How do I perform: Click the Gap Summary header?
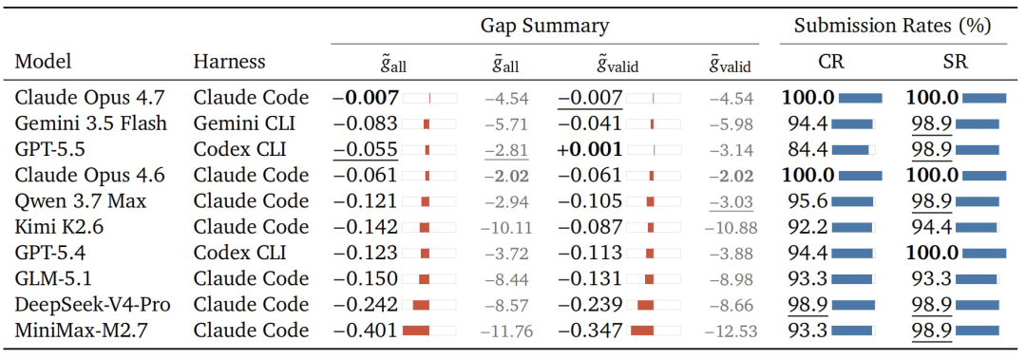[545, 27]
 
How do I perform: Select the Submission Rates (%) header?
[892, 27]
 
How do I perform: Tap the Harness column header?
[230, 62]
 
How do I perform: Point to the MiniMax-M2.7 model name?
[79, 330]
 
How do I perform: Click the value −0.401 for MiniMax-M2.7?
[366, 330]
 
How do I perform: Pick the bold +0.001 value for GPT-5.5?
[590, 149]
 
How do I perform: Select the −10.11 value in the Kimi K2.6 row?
[505, 228]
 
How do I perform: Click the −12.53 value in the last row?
[731, 332]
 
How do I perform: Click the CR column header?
[830, 62]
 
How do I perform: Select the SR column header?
[956, 62]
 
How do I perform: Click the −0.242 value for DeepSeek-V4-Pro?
[366, 304]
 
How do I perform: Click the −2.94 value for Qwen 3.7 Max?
[506, 201]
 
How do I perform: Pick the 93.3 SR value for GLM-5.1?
[930, 278]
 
